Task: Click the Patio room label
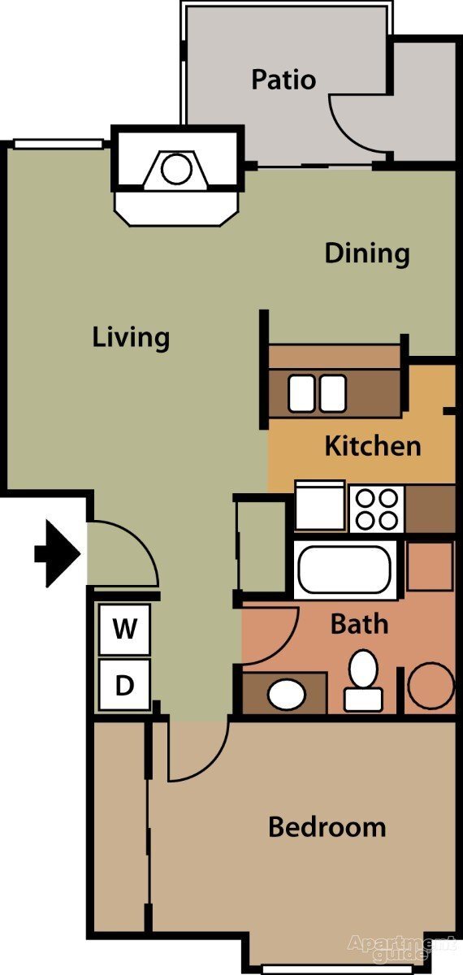(x=283, y=80)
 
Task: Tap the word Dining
(x=367, y=253)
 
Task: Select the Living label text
(x=131, y=336)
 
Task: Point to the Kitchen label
(x=373, y=446)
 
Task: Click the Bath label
(x=359, y=624)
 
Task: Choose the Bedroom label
(x=327, y=827)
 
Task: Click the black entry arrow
(x=57, y=555)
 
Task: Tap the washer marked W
(x=124, y=629)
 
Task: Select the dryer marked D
(x=124, y=686)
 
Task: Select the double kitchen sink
(x=318, y=393)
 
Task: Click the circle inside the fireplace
(x=175, y=170)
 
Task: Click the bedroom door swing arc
(x=199, y=752)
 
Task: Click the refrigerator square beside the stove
(x=319, y=507)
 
